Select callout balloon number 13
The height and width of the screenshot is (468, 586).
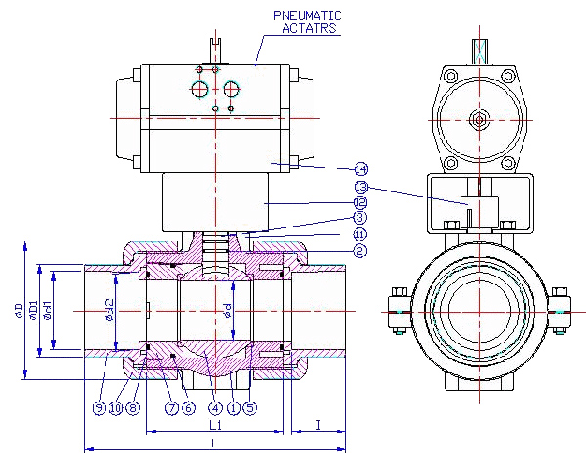[359, 186]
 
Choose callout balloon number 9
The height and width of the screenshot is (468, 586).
[99, 407]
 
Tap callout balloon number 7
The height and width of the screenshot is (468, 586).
[170, 407]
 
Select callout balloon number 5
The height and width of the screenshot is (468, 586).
[250, 407]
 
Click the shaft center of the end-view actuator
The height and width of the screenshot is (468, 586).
[479, 119]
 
